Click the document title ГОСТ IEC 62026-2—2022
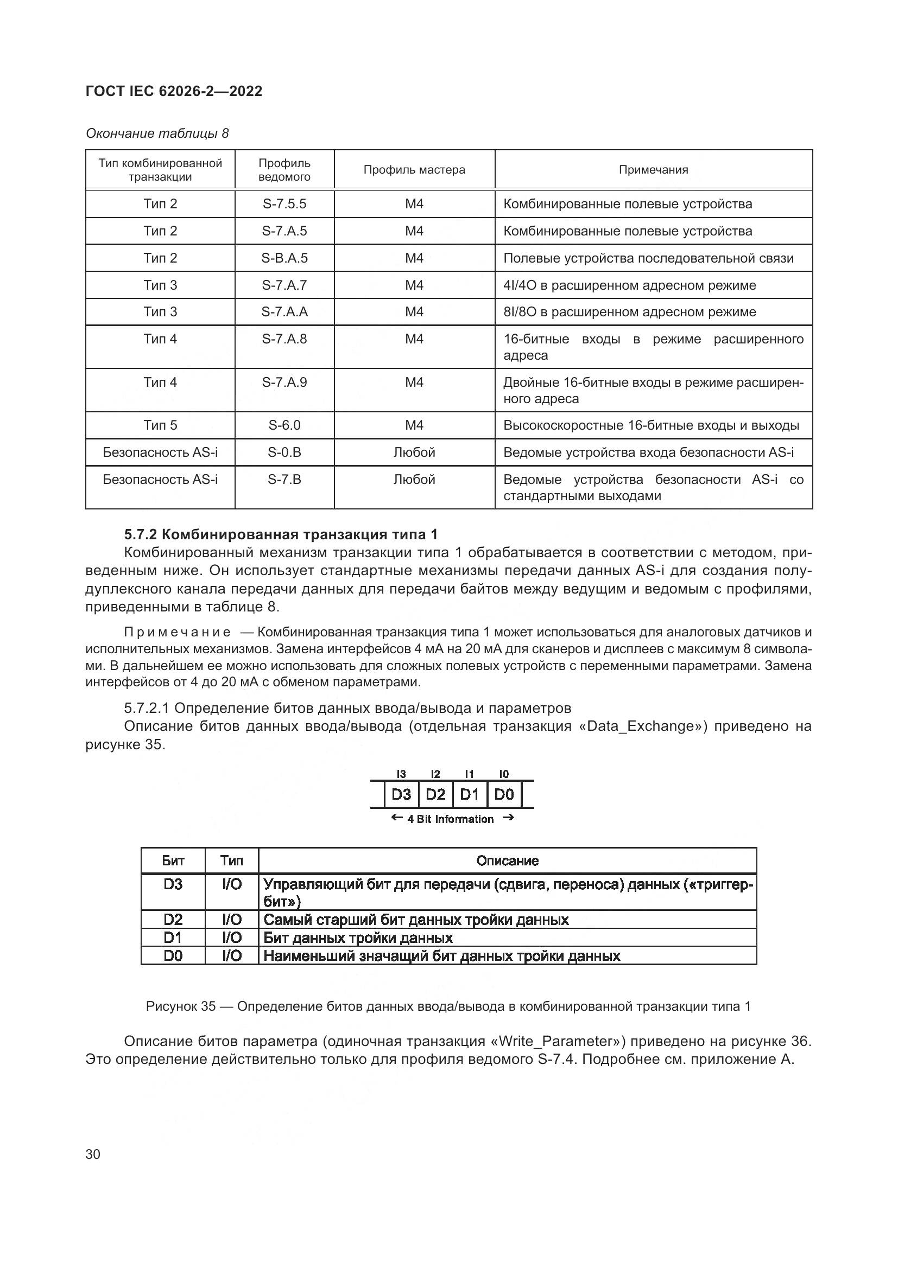(174, 91)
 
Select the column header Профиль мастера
(414, 170)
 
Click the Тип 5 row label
(160, 425)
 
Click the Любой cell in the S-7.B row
(414, 479)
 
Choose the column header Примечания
(653, 170)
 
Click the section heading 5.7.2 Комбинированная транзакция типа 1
(280, 534)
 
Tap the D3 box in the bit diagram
(401, 795)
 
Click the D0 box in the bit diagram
(504, 795)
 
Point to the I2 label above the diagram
(435, 774)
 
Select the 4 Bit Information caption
(450, 819)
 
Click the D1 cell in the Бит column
(173, 938)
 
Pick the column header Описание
(507, 860)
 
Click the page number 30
(93, 1154)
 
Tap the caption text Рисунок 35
(180, 1006)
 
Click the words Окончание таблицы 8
(157, 133)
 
